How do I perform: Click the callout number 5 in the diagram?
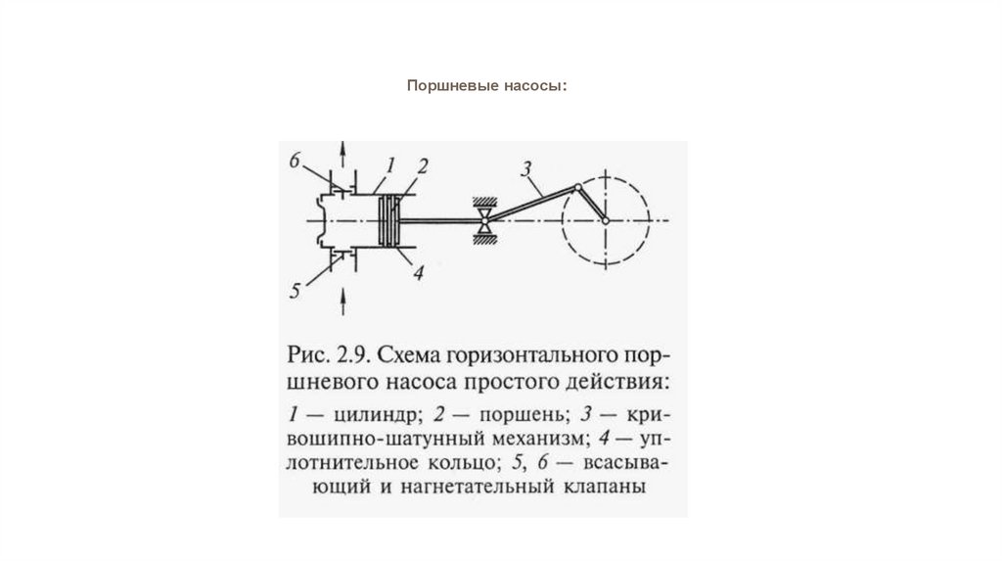pyautogui.click(x=294, y=289)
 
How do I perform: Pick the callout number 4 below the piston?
pyautogui.click(x=417, y=274)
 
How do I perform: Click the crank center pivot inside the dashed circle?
pyautogui.click(x=606, y=220)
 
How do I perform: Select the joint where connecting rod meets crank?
pyautogui.click(x=579, y=187)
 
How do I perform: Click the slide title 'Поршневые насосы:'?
pyautogui.click(x=487, y=87)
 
